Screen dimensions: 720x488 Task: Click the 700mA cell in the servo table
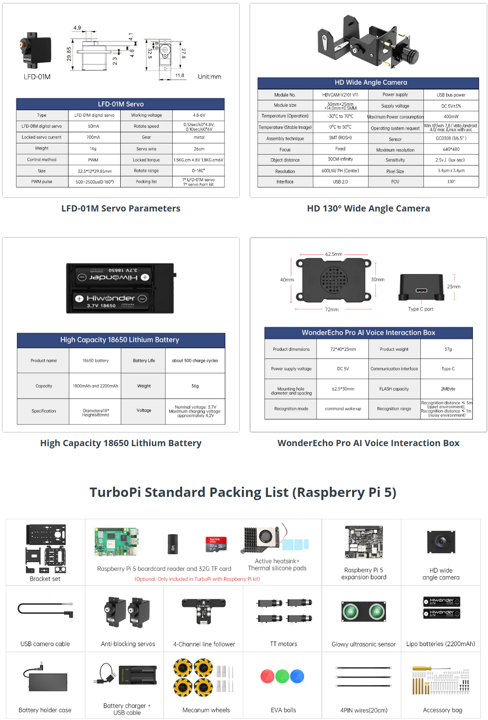(x=94, y=137)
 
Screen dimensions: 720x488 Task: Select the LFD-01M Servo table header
(x=121, y=104)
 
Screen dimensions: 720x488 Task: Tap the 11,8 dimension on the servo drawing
(x=179, y=76)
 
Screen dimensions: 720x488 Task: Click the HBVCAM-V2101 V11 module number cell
(x=340, y=95)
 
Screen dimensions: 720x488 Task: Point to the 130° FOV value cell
(x=451, y=182)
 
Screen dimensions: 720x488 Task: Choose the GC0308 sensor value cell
(x=451, y=138)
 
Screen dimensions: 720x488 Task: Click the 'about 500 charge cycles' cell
(x=195, y=361)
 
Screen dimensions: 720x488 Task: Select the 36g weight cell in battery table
(x=195, y=386)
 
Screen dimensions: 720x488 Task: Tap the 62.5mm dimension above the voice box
(x=333, y=254)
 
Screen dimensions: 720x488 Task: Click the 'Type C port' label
(x=420, y=309)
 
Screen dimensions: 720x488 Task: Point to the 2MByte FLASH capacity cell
(x=447, y=389)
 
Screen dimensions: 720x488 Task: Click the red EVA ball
(x=267, y=676)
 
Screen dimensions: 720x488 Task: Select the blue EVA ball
(x=297, y=676)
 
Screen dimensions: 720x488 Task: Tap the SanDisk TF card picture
(x=216, y=544)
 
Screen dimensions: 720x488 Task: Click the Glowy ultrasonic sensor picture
(x=363, y=612)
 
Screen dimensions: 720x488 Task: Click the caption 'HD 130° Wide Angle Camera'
(x=368, y=208)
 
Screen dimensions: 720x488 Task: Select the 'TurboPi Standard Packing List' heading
(x=243, y=492)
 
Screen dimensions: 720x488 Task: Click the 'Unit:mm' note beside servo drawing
(x=209, y=77)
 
